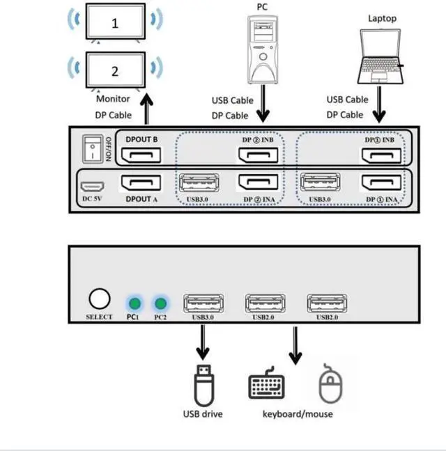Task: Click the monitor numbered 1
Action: point(115,23)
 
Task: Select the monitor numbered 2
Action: point(115,70)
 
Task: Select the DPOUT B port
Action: point(141,152)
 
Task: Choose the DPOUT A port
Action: point(141,184)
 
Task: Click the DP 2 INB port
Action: point(259,152)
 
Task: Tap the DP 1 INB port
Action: point(380,152)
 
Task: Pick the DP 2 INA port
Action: point(259,184)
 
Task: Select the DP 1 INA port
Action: point(380,184)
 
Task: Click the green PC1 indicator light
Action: point(134,303)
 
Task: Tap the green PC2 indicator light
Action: point(161,303)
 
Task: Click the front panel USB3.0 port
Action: point(203,303)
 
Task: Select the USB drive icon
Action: point(203,385)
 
